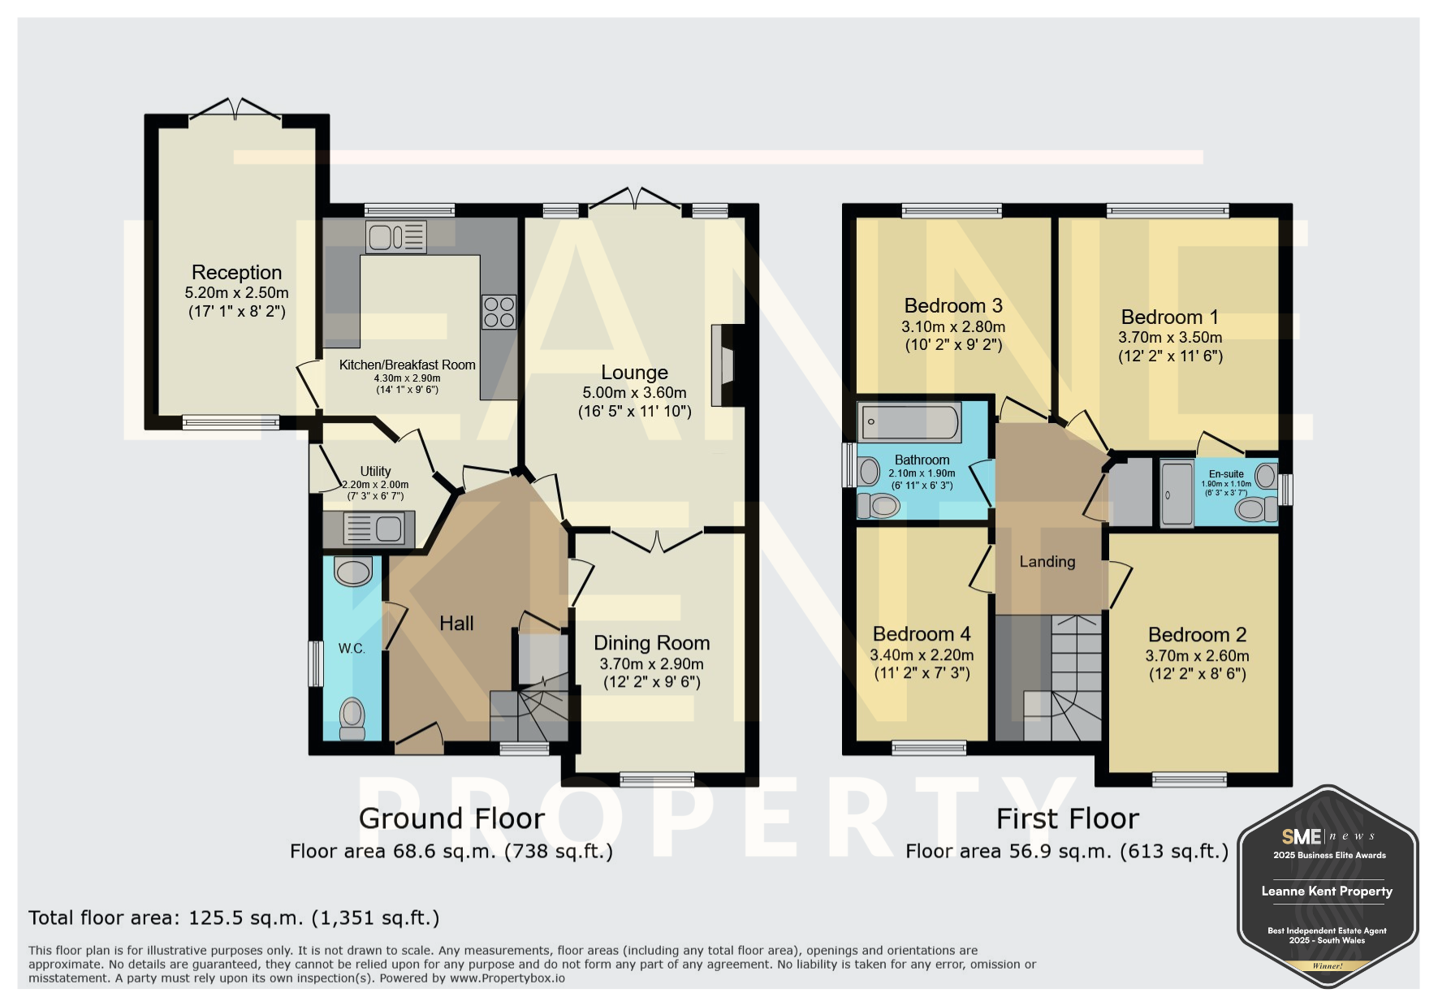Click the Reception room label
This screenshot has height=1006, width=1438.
236,272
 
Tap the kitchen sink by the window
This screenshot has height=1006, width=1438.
396,237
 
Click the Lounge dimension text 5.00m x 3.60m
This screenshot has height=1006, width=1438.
634,393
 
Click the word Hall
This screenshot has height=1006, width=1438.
456,624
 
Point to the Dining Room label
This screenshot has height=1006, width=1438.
652,643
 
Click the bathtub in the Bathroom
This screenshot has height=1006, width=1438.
909,422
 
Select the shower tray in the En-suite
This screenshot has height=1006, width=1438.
1177,494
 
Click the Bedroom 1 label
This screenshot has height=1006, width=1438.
1170,317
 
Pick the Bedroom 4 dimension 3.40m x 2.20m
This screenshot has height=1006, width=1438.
922,655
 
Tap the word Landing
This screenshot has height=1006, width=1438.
1047,562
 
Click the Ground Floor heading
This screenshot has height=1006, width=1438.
452,818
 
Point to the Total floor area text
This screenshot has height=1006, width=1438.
234,918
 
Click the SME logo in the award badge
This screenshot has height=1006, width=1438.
1302,836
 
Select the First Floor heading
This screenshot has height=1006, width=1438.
1068,818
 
